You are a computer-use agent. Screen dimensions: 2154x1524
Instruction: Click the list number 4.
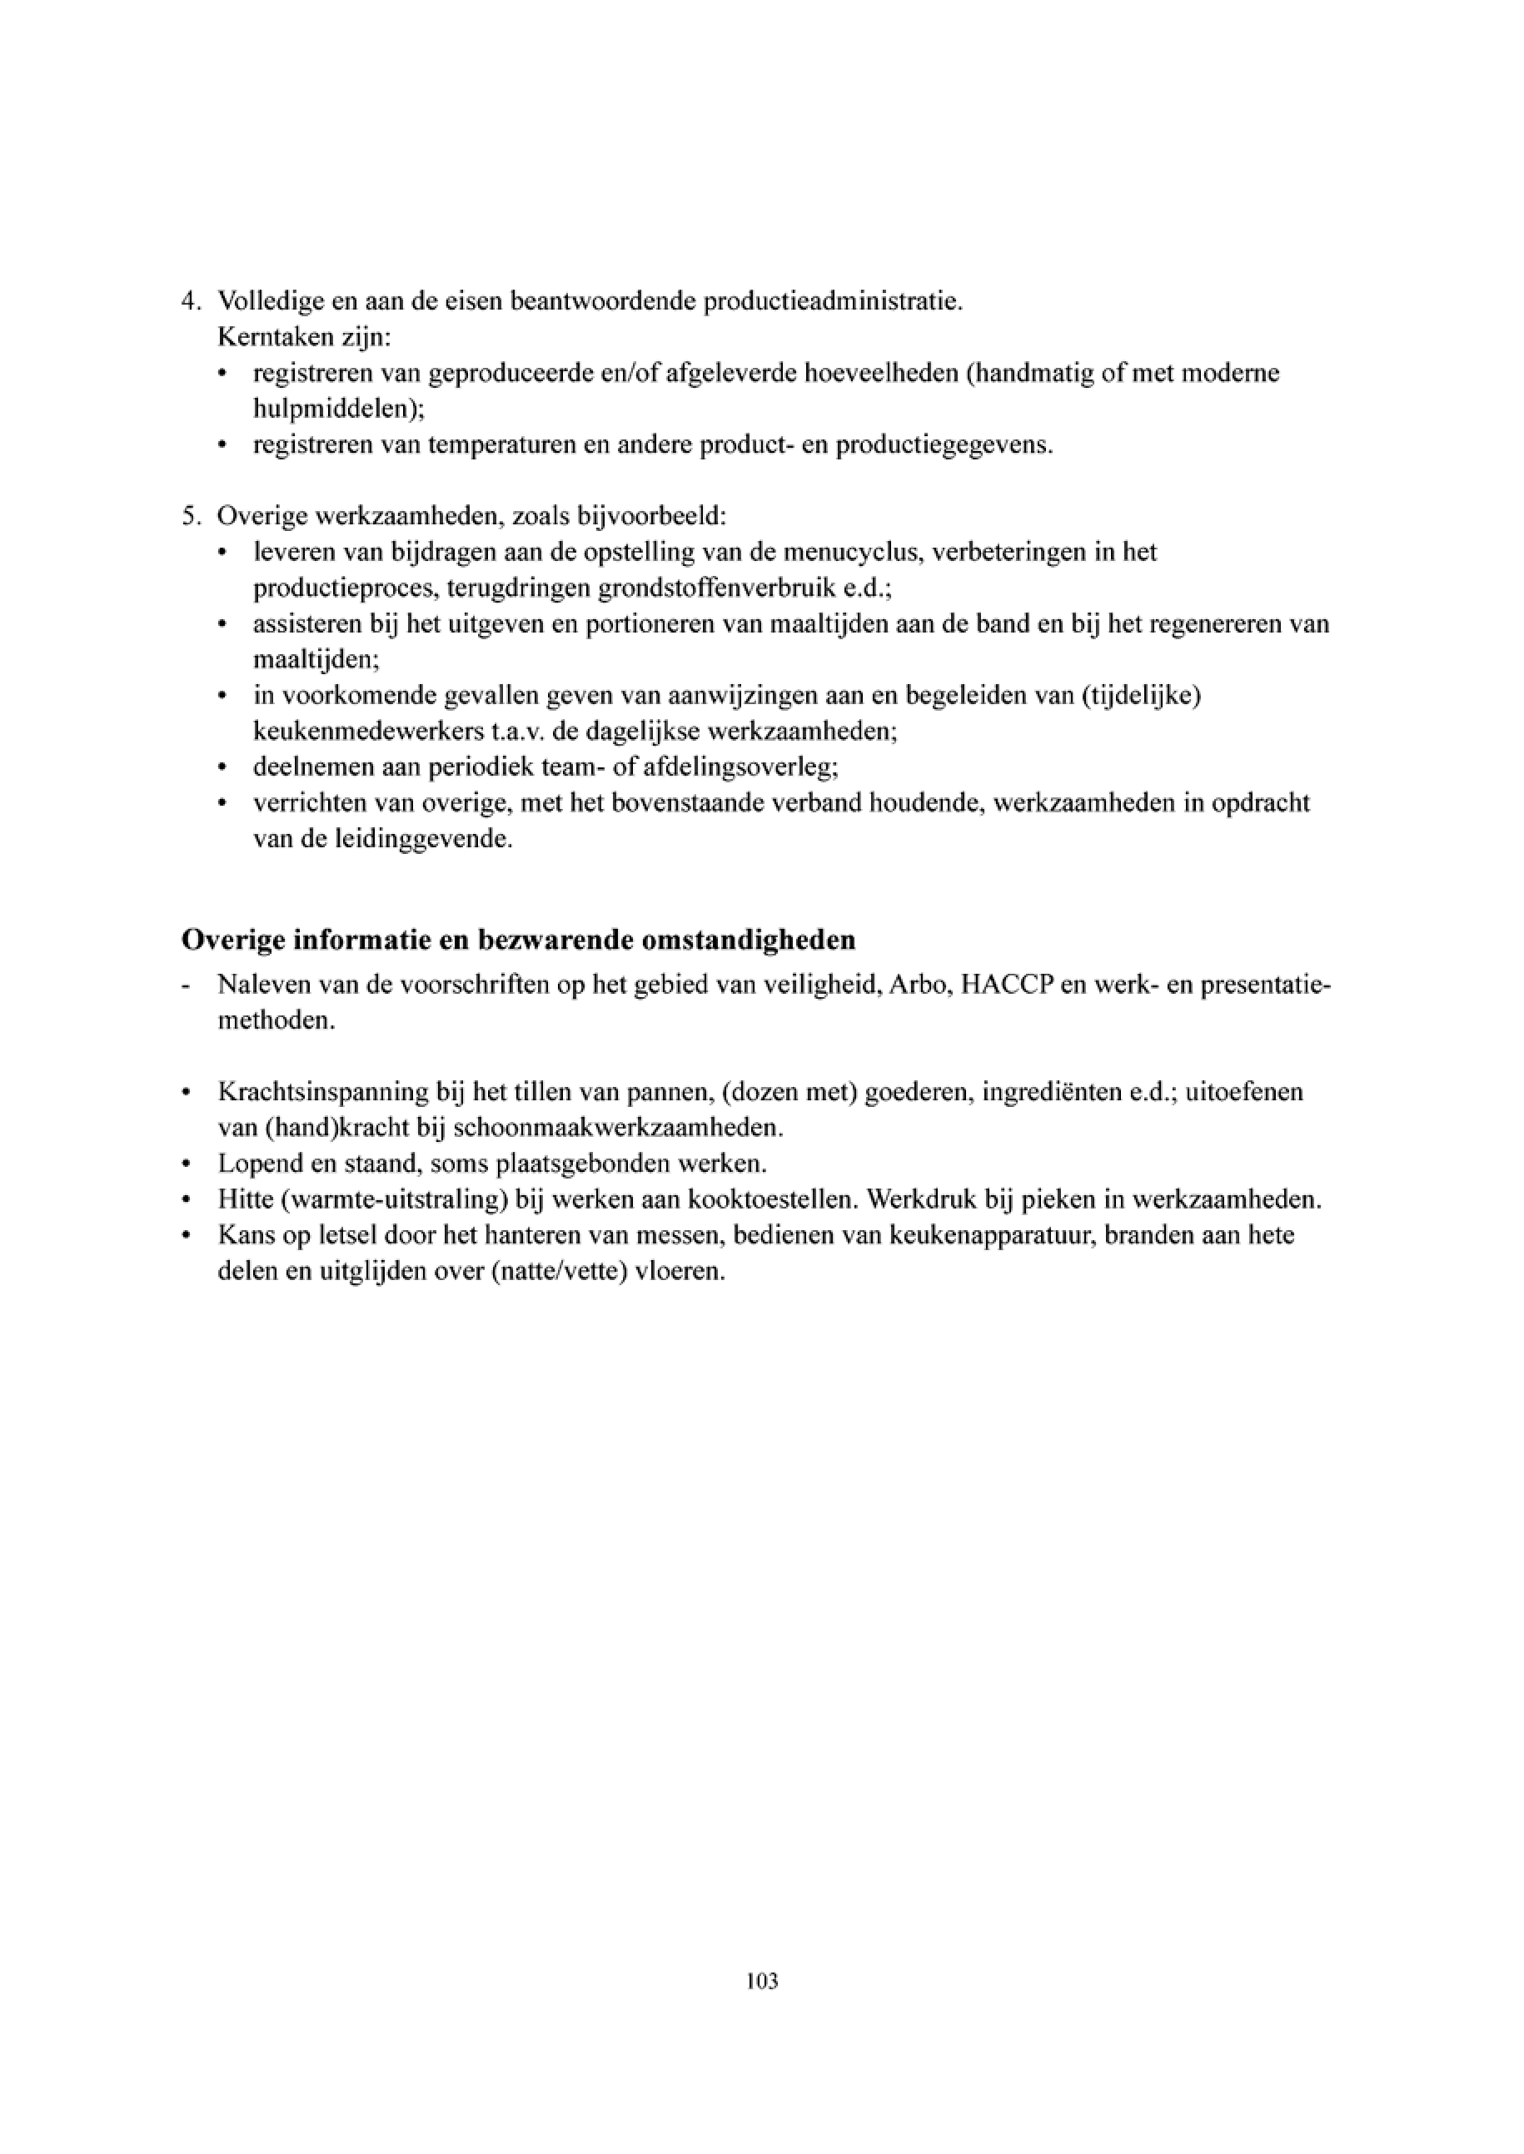pyautogui.click(x=190, y=302)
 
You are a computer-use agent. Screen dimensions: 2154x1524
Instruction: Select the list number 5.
pyautogui.click(x=190, y=516)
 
